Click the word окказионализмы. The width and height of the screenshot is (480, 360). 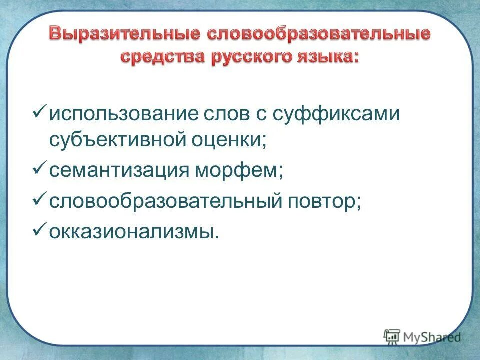click(134, 232)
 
